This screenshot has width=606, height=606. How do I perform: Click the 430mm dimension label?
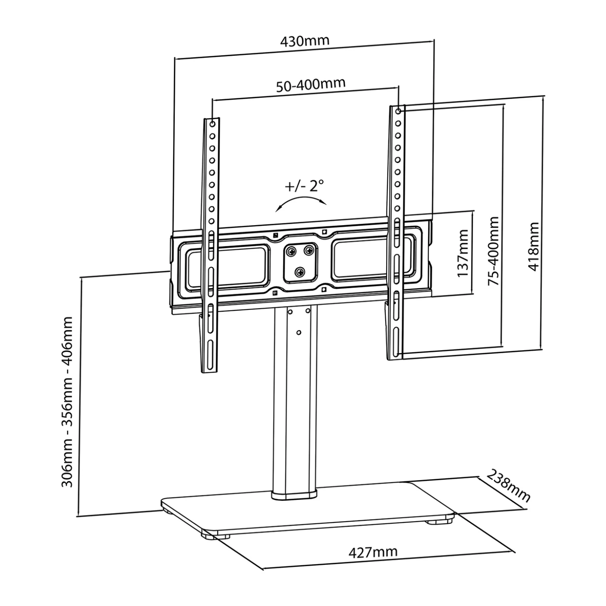(x=305, y=41)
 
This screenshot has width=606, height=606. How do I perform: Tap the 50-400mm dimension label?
(x=311, y=84)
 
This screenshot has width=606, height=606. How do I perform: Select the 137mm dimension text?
(x=463, y=253)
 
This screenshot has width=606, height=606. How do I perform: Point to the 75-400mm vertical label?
(x=494, y=251)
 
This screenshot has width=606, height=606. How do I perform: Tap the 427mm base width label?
(x=373, y=552)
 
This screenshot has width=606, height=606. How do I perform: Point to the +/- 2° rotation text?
(x=304, y=186)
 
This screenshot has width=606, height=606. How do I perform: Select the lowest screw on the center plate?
(x=300, y=272)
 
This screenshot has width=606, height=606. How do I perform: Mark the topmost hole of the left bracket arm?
(x=212, y=124)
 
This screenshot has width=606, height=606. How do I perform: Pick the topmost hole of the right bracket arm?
(x=398, y=111)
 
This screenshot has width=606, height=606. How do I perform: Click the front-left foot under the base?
(x=210, y=536)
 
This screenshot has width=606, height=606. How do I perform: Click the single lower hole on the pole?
(x=299, y=332)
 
